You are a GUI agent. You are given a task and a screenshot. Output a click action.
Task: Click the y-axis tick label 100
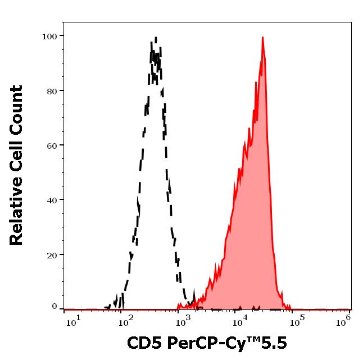[x=49, y=37]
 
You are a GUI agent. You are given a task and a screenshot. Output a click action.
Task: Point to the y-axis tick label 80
[x=52, y=91]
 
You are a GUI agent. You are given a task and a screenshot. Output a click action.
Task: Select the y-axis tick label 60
[x=52, y=145]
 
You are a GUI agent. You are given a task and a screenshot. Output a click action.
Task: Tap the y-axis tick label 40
[x=52, y=200]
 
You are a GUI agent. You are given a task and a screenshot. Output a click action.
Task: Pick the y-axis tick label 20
[x=52, y=255]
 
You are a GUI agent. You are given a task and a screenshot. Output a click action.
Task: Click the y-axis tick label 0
[x=55, y=307]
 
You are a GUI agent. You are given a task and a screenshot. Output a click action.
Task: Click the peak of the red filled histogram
[x=262, y=38]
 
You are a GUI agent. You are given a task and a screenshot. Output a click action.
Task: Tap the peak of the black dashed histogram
[x=155, y=38]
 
